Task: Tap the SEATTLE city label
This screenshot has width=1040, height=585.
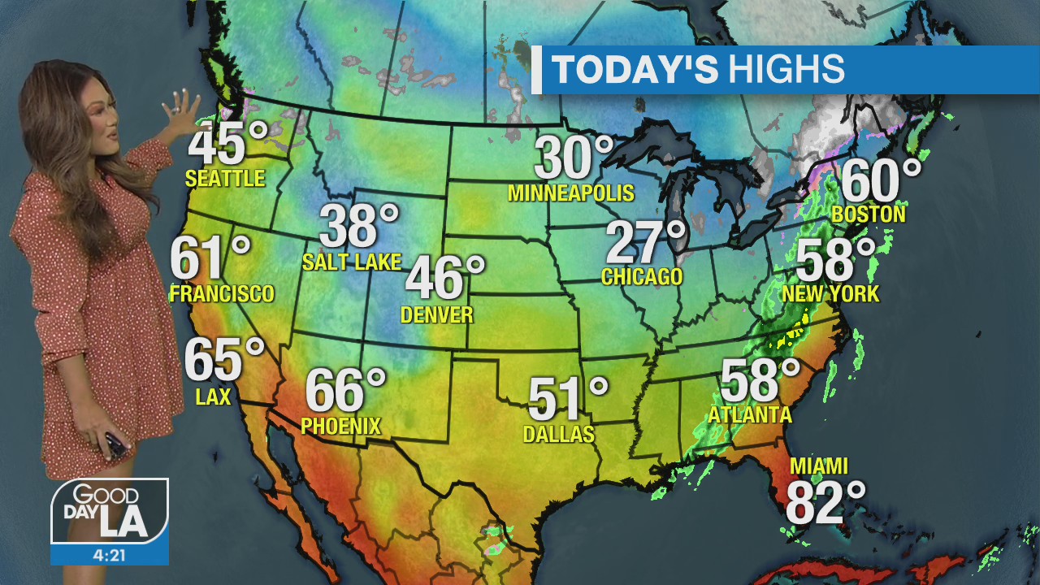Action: coord(225,179)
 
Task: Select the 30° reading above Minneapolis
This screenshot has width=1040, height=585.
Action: coord(573,158)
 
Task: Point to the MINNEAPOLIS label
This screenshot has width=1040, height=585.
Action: coord(570,193)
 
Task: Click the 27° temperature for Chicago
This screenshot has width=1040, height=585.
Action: coord(646,242)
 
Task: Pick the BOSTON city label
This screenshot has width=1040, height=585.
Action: coord(869,214)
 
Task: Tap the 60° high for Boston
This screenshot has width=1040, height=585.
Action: coord(881,180)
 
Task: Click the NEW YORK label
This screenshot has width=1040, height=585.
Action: coord(830,294)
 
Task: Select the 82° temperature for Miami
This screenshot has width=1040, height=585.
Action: coord(825,503)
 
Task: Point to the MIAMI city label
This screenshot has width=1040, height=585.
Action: coord(819,466)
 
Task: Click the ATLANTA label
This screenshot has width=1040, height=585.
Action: coord(749,415)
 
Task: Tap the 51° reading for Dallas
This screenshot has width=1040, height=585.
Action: coord(567,399)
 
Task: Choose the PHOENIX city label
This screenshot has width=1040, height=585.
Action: coord(340,426)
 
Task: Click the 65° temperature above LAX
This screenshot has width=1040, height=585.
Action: coord(223,359)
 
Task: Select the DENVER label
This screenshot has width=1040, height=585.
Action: coord(437,314)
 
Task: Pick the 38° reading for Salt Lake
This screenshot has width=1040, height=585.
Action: coord(358,226)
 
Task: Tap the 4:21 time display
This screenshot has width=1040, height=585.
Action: coord(110,555)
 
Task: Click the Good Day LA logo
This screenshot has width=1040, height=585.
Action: coord(110,512)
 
